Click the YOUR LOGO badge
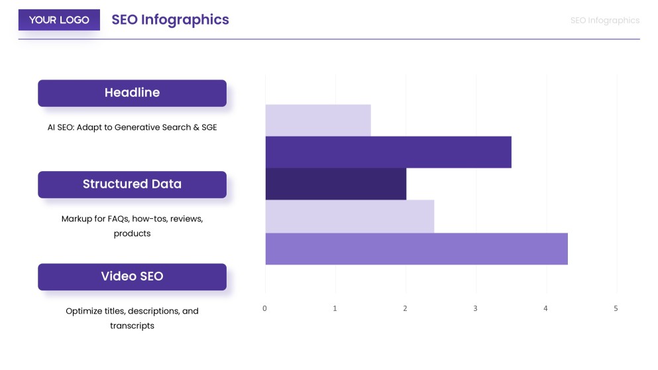point(59,20)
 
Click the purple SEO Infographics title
point(170,20)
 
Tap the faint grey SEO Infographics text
point(605,21)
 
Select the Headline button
point(132,93)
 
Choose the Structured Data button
point(132,184)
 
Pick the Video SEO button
point(132,277)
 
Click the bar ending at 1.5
point(318,120)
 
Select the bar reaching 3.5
point(388,152)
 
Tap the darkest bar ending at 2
point(336,184)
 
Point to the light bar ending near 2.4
point(350,216)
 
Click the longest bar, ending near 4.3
point(416,249)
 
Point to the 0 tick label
point(265,308)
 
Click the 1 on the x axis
point(335,308)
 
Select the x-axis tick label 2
point(406,308)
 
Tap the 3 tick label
point(476,308)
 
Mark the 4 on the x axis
point(546,308)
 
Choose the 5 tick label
point(616,308)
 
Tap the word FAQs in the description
point(118,219)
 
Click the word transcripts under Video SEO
point(132,326)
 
